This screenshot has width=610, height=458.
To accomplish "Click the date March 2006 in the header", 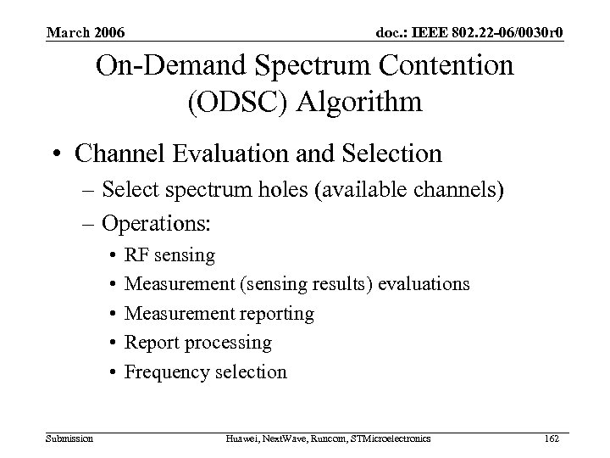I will (86, 33).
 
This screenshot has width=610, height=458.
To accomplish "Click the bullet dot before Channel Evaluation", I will (57, 155).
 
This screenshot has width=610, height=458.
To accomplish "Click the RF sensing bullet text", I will (169, 254).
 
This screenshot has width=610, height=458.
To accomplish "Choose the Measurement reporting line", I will (219, 314).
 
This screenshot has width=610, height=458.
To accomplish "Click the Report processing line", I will (198, 343).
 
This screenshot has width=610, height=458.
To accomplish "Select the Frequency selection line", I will (206, 371).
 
